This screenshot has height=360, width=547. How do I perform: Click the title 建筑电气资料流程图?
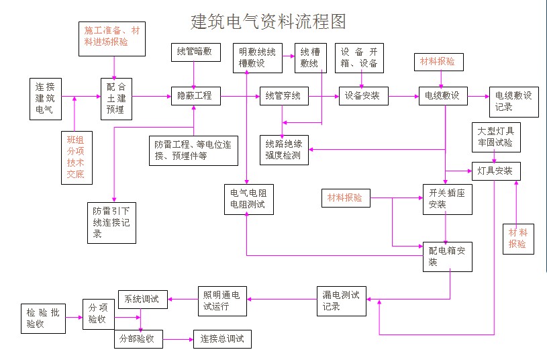click(268, 21)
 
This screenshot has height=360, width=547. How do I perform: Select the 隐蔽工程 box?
click(194, 96)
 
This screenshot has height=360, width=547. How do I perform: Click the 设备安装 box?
click(362, 96)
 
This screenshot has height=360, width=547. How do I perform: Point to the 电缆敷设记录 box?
click(513, 101)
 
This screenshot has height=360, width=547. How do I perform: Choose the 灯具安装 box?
click(495, 171)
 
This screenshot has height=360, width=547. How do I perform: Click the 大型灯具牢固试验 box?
click(495, 136)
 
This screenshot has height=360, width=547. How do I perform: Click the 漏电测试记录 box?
click(341, 301)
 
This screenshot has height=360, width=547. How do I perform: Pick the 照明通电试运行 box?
click(223, 301)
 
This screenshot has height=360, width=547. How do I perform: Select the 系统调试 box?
click(142, 300)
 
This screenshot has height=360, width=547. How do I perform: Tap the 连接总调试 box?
click(222, 339)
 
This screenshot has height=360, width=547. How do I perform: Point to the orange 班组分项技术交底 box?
click(75, 157)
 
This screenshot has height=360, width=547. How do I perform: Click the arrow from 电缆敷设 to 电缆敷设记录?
click(477, 96)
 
